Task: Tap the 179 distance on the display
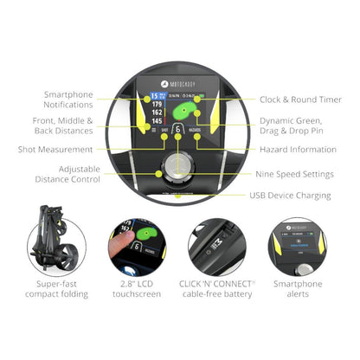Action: pyautogui.click(x=156, y=103)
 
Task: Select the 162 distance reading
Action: pyautogui.click(x=156, y=112)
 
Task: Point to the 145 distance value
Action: pyautogui.click(x=156, y=122)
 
